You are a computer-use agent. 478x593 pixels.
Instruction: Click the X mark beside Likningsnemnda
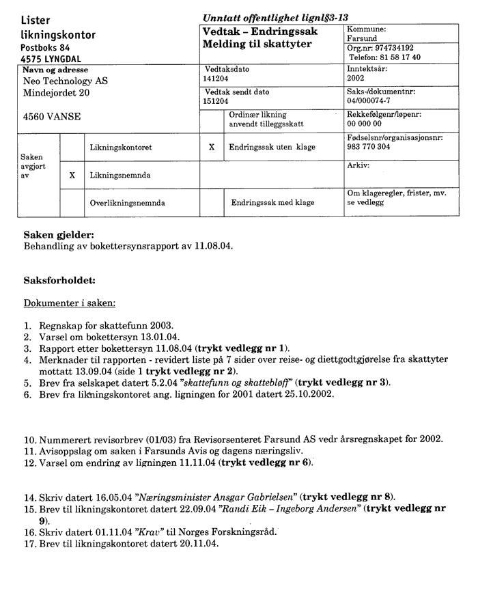coord(72,176)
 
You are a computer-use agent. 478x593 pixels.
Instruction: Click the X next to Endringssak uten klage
coord(212,147)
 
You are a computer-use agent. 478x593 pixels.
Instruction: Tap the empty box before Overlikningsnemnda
coord(72,203)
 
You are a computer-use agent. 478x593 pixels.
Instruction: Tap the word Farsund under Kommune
coord(363,39)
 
